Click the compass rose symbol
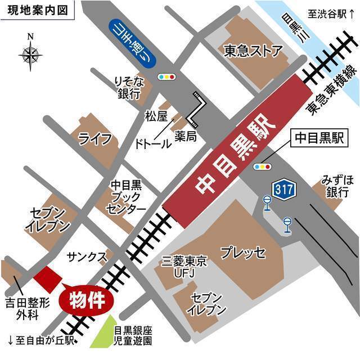tap(30, 55)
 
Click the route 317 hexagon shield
tap(284, 190)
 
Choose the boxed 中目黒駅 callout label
tap(318, 138)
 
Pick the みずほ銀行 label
tap(338, 186)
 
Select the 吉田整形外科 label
tap(28, 309)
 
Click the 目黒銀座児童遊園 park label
tap(133, 336)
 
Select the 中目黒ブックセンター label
tap(127, 196)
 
